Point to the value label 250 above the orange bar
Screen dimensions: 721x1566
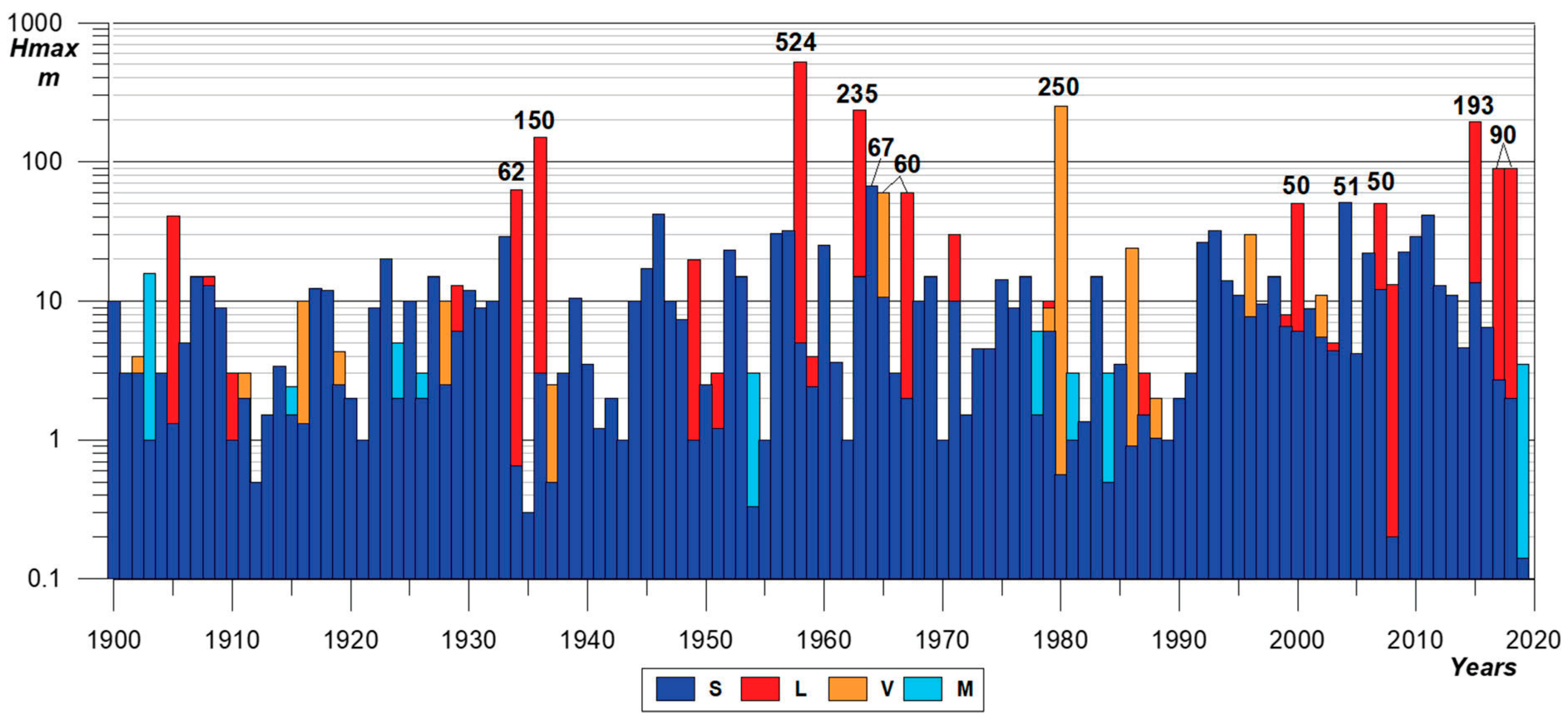coord(1058,87)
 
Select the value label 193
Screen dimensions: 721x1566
coord(1473,106)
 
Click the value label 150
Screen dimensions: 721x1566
coord(534,120)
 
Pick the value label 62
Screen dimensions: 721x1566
coord(511,172)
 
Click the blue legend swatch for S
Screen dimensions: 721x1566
coord(675,689)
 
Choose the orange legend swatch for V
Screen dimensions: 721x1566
coord(847,689)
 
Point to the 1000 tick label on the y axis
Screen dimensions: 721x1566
coord(34,23)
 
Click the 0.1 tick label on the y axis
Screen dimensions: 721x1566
coord(44,578)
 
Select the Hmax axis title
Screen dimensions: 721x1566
coord(44,49)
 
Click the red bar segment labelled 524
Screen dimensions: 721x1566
coord(800,201)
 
